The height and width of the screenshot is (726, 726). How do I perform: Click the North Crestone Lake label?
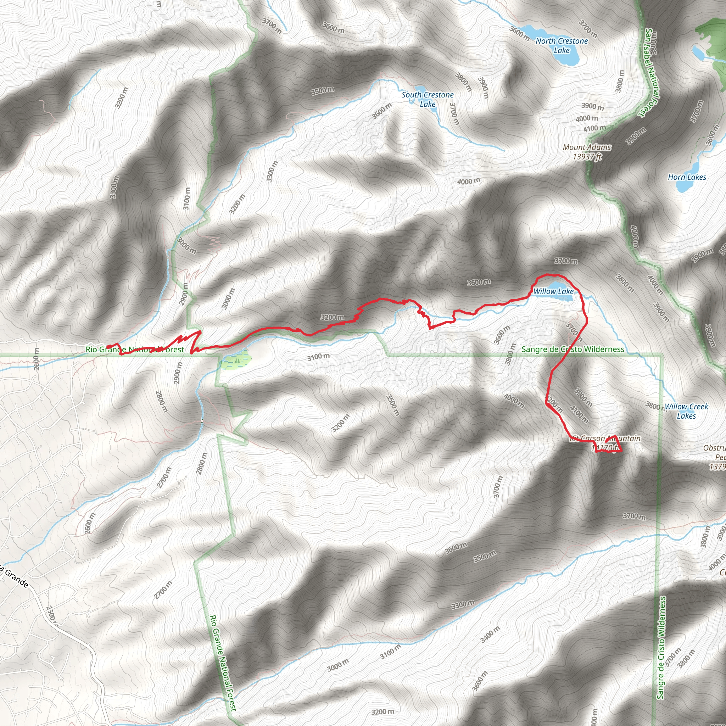[x=562, y=45]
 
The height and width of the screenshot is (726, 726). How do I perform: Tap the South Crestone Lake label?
[x=428, y=100]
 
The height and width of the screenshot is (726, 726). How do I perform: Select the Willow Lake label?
[x=553, y=291]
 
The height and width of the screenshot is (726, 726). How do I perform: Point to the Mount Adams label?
[x=587, y=147]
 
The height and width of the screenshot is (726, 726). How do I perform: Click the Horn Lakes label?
[x=687, y=177]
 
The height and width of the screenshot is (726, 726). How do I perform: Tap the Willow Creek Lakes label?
[x=686, y=411]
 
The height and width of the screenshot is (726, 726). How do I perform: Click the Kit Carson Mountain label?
[x=605, y=438]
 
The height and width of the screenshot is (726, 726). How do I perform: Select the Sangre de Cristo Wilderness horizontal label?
[x=573, y=350]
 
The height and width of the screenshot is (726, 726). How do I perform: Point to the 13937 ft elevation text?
[x=587, y=157]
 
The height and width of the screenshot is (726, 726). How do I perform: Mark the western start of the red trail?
[x=107, y=347]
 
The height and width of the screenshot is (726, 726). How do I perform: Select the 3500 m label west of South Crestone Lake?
[x=323, y=90]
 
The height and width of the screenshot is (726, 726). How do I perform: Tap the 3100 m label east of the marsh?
[x=318, y=357]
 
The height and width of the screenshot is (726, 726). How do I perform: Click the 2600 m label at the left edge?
[x=37, y=359]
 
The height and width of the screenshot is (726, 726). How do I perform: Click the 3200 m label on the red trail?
[x=332, y=317]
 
